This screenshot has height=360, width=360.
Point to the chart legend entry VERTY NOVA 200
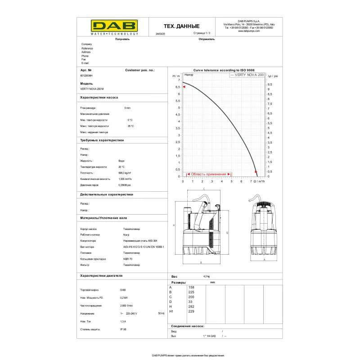(247, 75)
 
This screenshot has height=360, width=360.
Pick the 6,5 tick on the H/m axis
(178, 87)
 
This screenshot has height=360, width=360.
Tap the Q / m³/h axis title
(259, 181)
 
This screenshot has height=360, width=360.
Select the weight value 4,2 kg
(207, 276)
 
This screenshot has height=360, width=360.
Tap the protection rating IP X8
(123, 329)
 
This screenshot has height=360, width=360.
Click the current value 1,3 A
(123, 321)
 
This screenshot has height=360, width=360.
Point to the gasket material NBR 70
(127, 259)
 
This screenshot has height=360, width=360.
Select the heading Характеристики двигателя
(101, 275)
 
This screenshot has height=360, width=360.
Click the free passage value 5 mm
(127, 108)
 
